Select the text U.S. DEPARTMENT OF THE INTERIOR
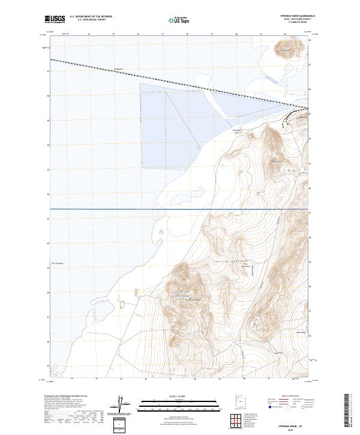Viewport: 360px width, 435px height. [90, 17]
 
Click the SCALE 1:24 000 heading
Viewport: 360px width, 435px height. [171, 397]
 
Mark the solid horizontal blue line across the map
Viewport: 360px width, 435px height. [180, 209]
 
